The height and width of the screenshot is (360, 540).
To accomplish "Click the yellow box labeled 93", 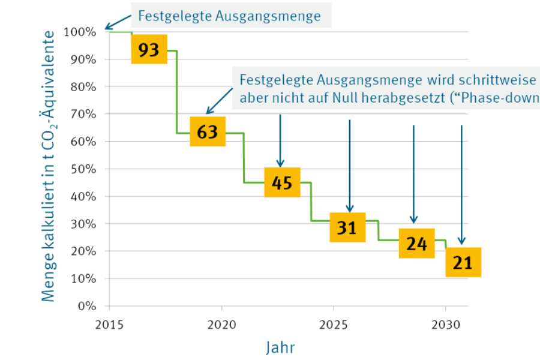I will click(x=149, y=50).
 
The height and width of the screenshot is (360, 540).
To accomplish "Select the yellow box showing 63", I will click(x=207, y=131).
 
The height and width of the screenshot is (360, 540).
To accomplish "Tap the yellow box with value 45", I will click(x=281, y=182).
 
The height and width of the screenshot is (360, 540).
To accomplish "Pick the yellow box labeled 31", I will click(x=347, y=228).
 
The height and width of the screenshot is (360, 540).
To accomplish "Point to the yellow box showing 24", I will click(x=416, y=244).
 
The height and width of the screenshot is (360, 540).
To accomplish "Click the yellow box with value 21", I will click(x=463, y=262).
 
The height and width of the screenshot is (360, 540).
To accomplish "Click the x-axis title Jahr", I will click(x=280, y=347).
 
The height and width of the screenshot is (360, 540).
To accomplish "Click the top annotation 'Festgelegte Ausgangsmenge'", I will click(x=229, y=16).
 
